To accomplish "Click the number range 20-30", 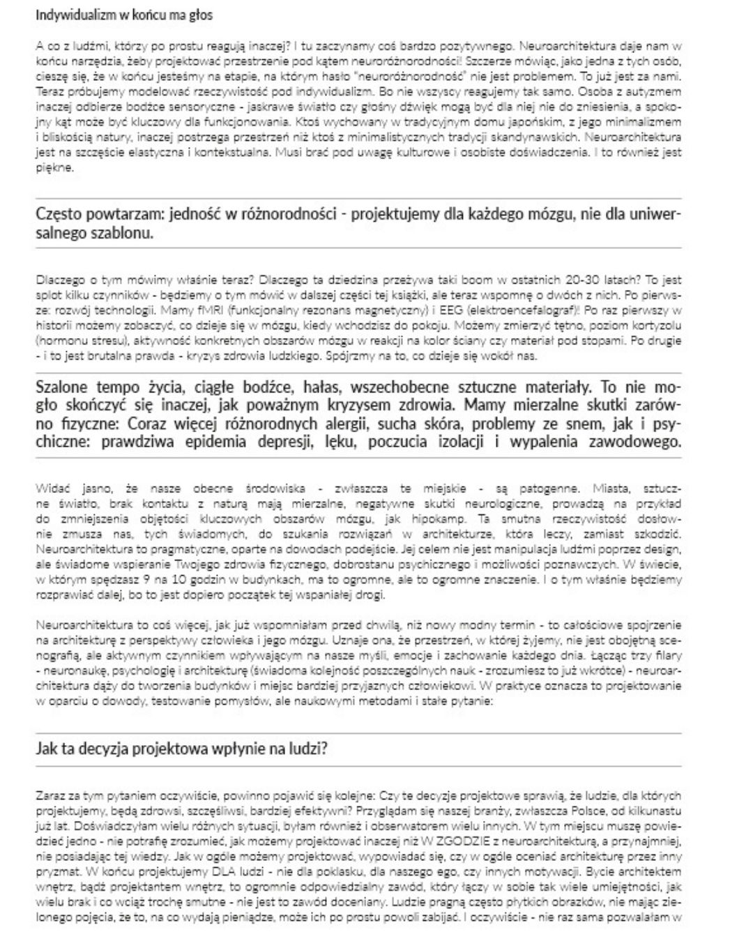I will coord(608,280).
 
